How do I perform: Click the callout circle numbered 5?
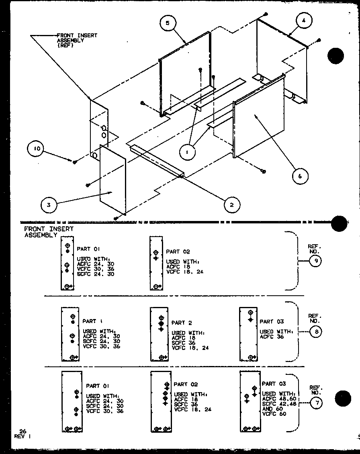point(168,23)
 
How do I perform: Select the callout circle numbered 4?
point(304,20)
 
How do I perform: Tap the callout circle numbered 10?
point(36,149)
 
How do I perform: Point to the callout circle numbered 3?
point(49,205)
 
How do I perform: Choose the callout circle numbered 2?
point(231,205)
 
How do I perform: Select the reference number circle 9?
point(315,261)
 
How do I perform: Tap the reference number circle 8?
point(315,332)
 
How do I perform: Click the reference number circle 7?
point(315,404)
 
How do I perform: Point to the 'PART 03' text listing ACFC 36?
point(272,321)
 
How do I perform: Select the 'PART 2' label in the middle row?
point(182,323)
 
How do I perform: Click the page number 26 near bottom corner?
point(22,430)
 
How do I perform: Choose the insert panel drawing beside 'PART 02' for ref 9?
point(156,263)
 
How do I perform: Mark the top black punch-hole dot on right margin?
point(335,56)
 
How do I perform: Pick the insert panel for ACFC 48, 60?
point(250,401)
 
